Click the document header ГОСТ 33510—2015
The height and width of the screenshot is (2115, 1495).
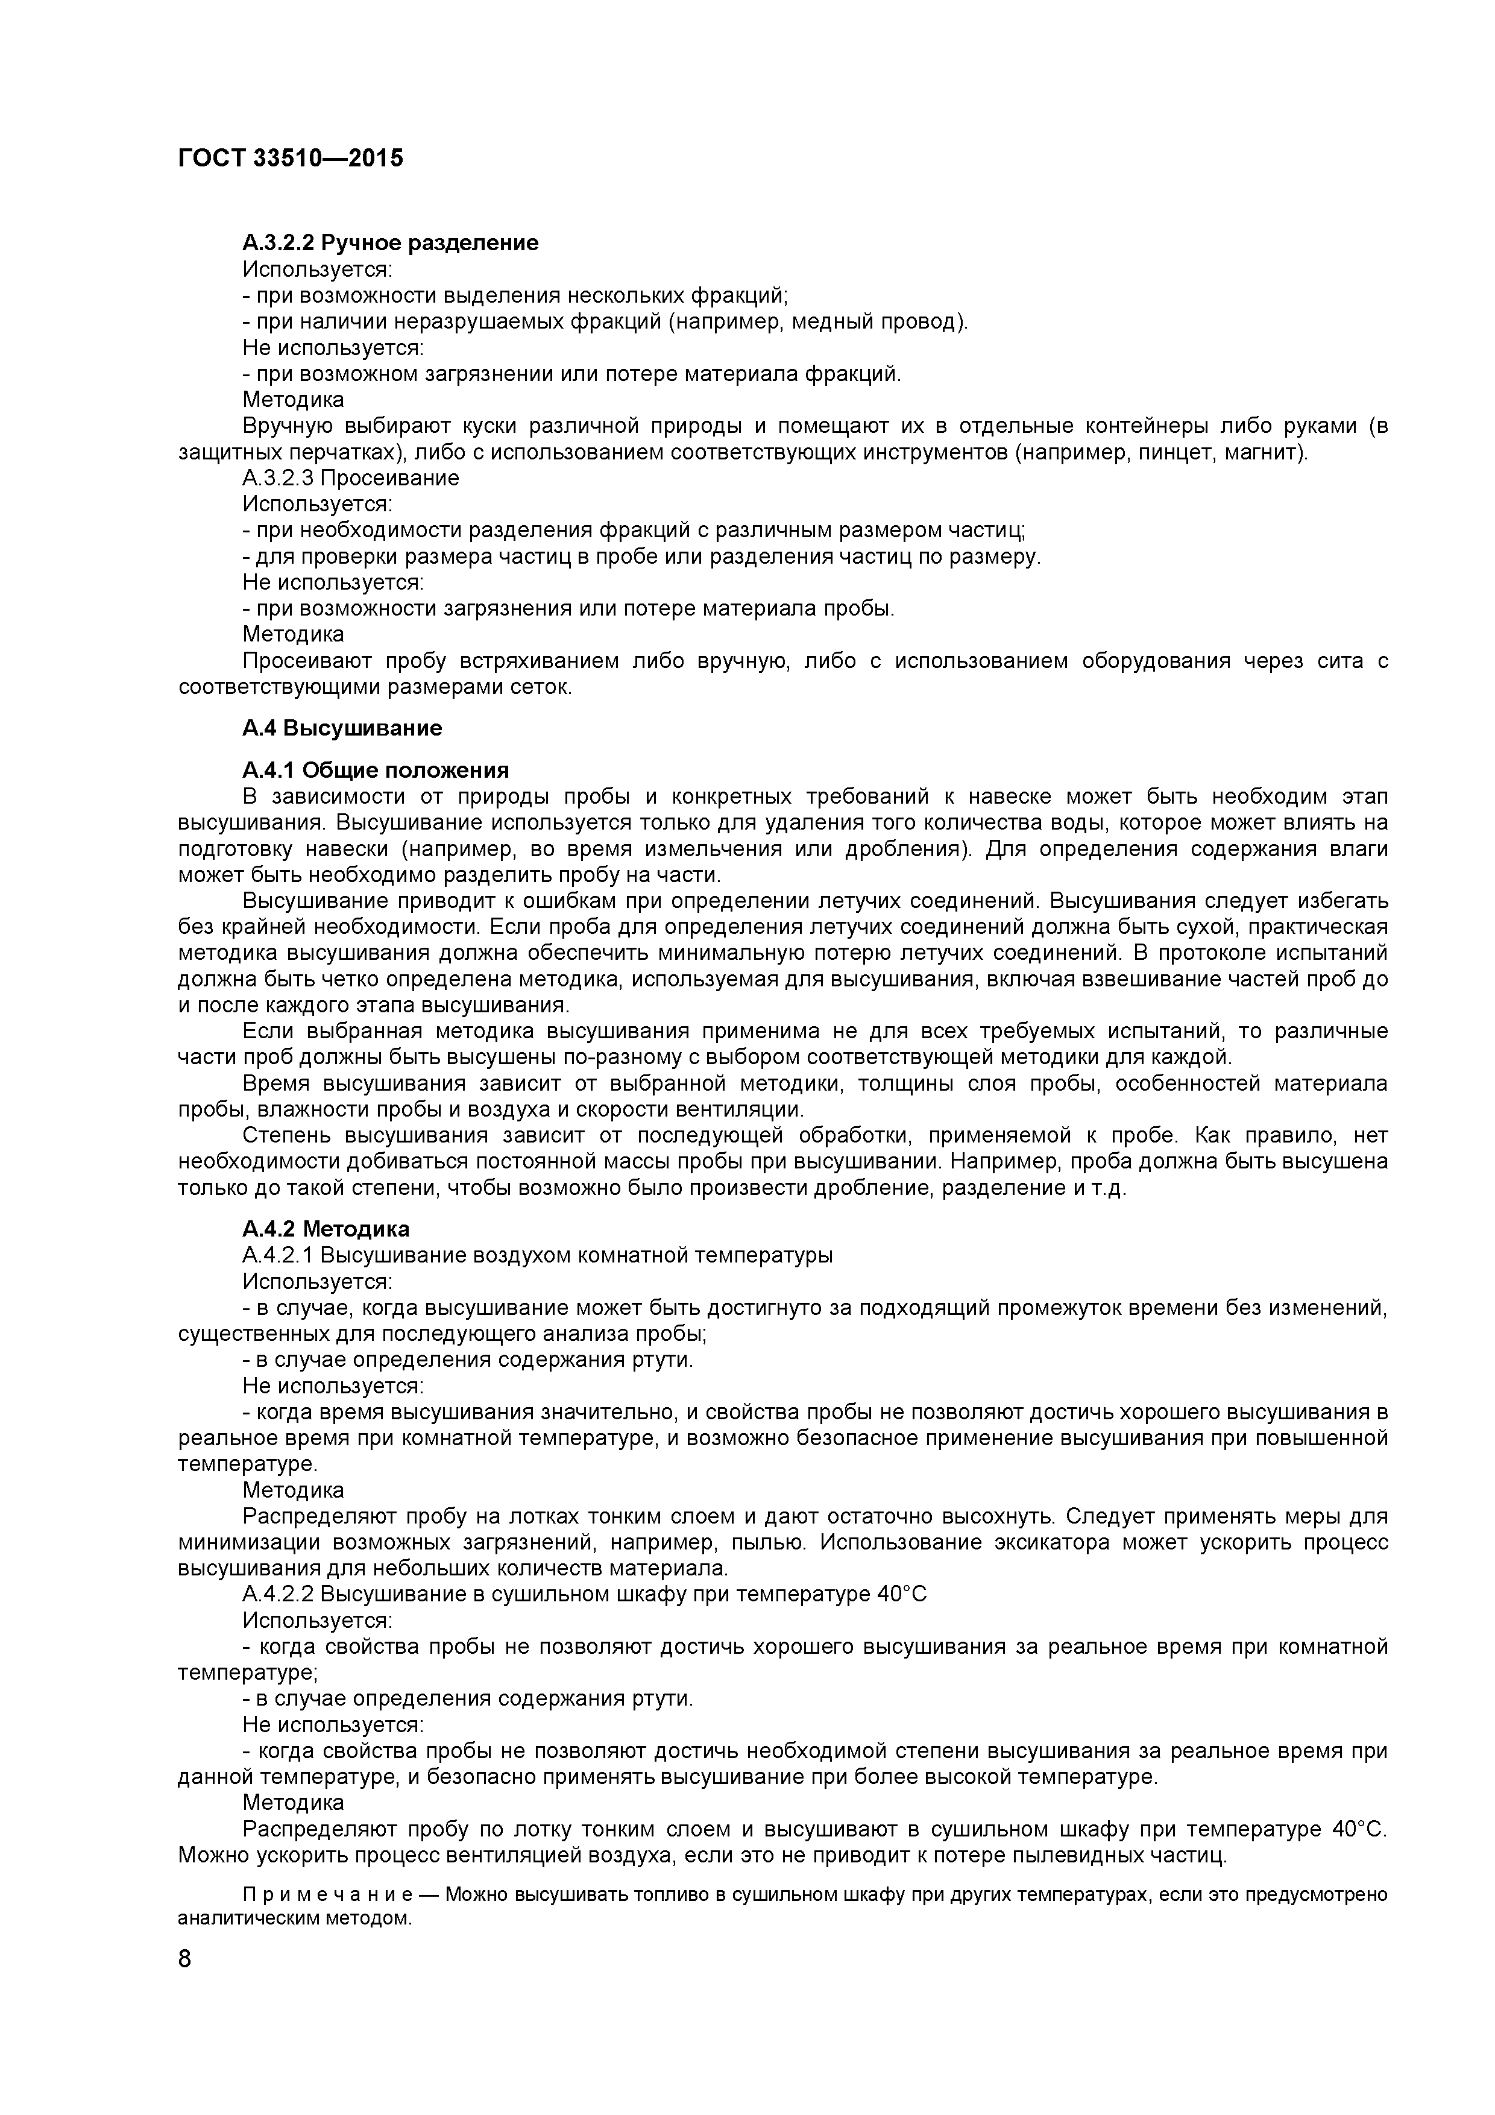click(290, 159)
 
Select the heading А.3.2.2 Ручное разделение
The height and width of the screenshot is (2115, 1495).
click(391, 243)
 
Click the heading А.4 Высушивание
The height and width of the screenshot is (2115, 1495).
click(342, 729)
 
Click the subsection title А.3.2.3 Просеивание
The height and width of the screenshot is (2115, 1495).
click(351, 478)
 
